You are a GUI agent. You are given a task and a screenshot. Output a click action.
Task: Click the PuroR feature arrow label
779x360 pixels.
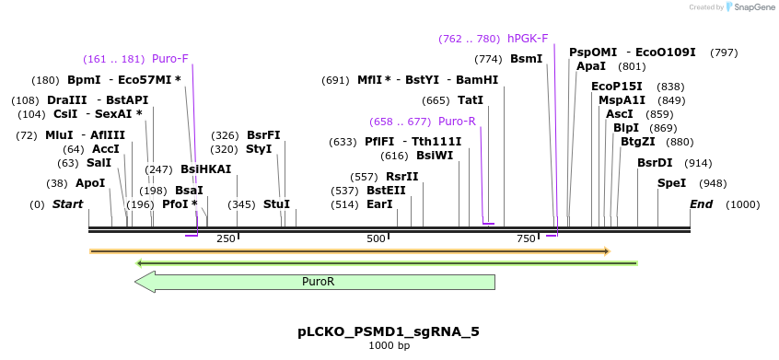coord(318,283)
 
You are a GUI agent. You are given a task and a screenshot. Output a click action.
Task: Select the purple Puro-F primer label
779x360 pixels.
coord(170,59)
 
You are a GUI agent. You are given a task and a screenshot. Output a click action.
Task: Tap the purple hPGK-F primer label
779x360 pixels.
coord(528,39)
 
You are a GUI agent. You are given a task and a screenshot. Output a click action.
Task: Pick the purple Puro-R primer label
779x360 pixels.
coord(457,122)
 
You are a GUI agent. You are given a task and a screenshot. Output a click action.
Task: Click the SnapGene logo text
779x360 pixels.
coord(753,7)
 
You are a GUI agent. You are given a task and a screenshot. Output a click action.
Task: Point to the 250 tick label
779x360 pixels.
coord(226,239)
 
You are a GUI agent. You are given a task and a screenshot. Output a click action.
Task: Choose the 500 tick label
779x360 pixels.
coord(376,239)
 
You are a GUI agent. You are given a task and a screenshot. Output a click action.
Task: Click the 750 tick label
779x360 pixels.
coord(526,239)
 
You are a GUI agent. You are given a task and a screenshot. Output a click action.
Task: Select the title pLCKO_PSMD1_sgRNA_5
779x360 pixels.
coord(389,331)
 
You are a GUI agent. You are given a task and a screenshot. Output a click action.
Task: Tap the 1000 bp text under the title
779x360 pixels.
coord(389,346)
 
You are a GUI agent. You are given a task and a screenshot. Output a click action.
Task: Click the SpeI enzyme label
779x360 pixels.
coord(671,183)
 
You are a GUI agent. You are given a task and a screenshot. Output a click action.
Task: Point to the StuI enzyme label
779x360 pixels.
coord(276,204)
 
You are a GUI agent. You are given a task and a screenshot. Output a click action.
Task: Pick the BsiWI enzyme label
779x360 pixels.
coord(435,157)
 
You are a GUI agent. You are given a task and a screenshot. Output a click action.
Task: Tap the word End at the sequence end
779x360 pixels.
coord(702,204)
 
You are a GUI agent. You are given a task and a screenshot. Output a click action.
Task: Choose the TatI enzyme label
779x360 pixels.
coord(471,100)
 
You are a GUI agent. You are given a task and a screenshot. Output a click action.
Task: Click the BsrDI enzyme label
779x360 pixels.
coord(655,163)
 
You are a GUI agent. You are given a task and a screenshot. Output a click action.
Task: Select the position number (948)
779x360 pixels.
coord(714,183)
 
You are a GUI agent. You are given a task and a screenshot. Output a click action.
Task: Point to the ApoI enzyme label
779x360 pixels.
coord(90,183)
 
